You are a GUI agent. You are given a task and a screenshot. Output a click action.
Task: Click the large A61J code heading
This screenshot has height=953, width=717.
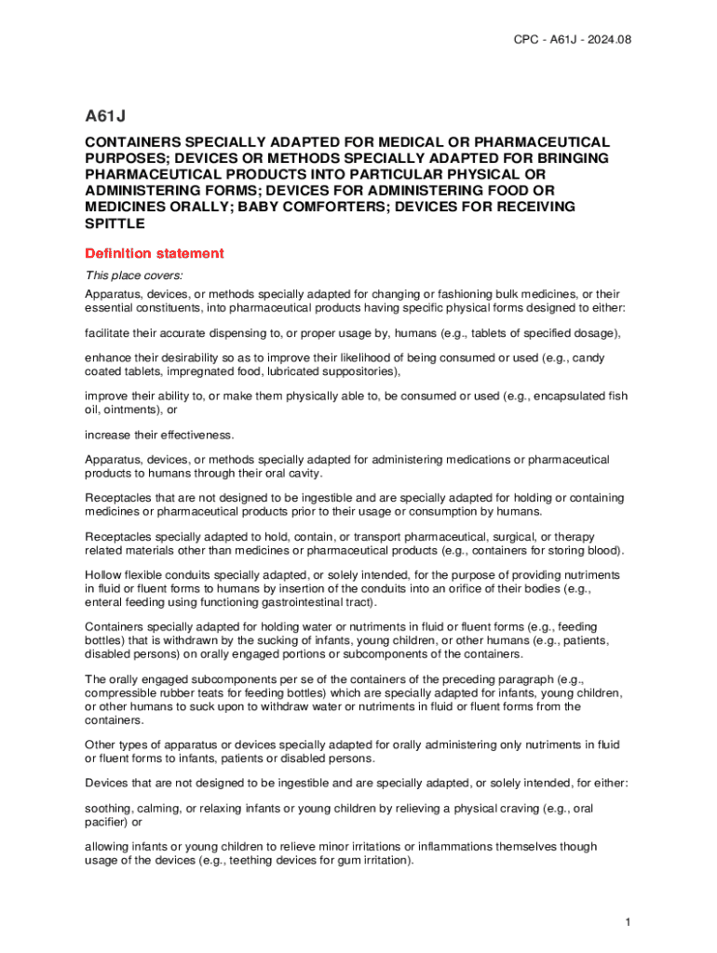coord(105,116)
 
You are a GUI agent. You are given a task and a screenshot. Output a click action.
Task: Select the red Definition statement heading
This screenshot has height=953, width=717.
coord(154,253)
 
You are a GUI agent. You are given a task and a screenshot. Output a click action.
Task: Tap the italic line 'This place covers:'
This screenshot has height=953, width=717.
coord(134,275)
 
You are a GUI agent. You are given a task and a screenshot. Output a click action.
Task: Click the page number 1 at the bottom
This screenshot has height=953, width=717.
coord(629,921)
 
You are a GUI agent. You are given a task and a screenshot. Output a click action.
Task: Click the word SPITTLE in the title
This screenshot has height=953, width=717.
coord(115,224)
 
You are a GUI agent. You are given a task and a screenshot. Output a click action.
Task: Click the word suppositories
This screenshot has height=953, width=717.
coord(365,371)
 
